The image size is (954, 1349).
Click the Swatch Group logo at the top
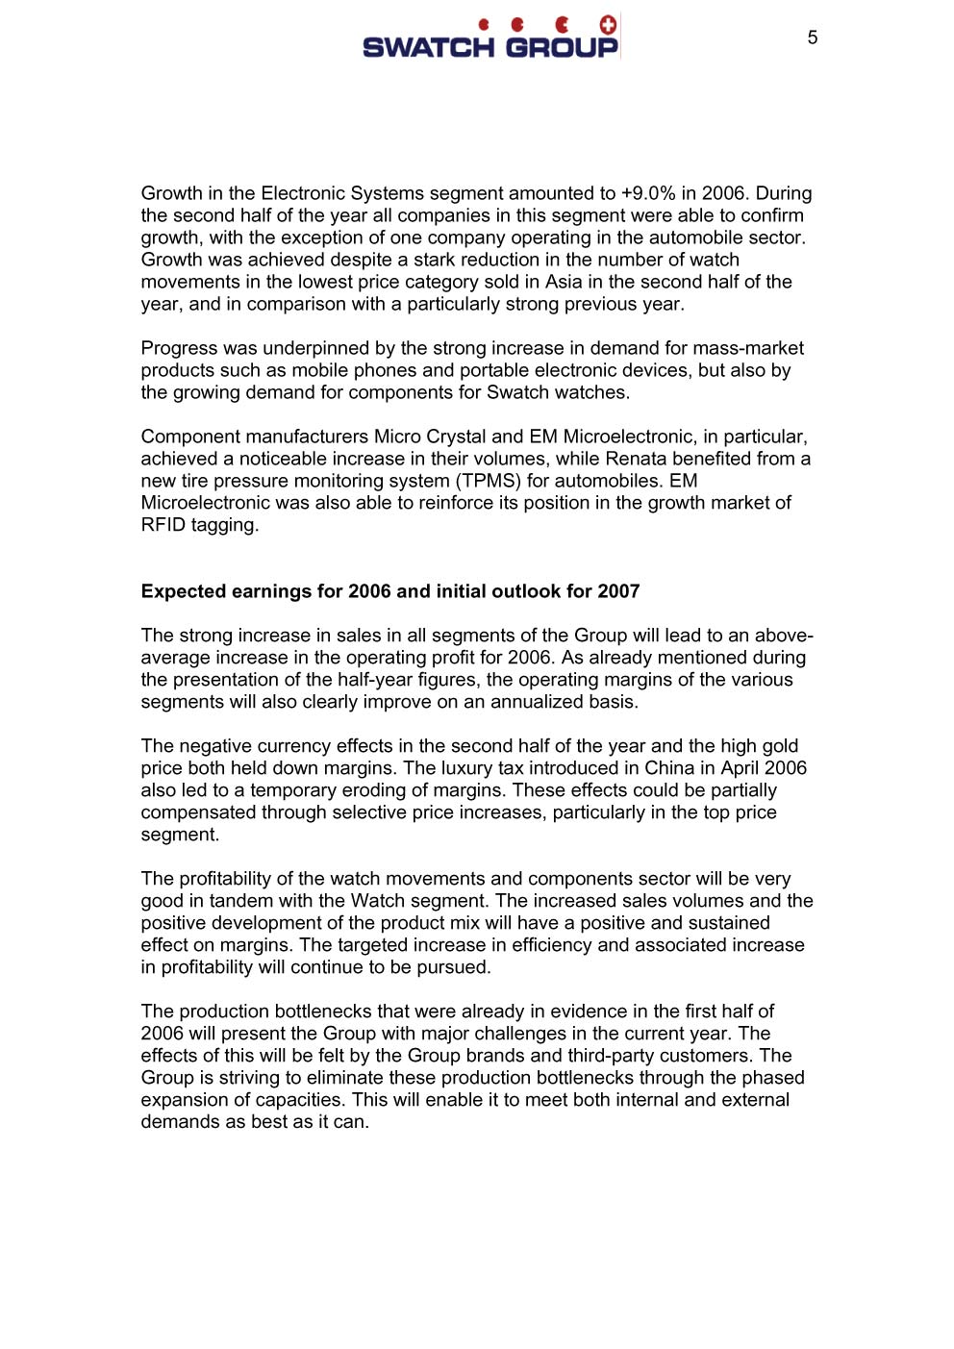(x=490, y=39)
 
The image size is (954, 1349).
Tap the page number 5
(x=813, y=37)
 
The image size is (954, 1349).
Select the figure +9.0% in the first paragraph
(x=648, y=193)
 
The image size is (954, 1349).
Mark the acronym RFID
(x=163, y=525)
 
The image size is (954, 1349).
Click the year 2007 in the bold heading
(x=618, y=591)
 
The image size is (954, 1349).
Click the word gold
(x=780, y=746)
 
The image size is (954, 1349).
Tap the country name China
(x=665, y=768)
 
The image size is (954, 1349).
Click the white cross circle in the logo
(x=608, y=25)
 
